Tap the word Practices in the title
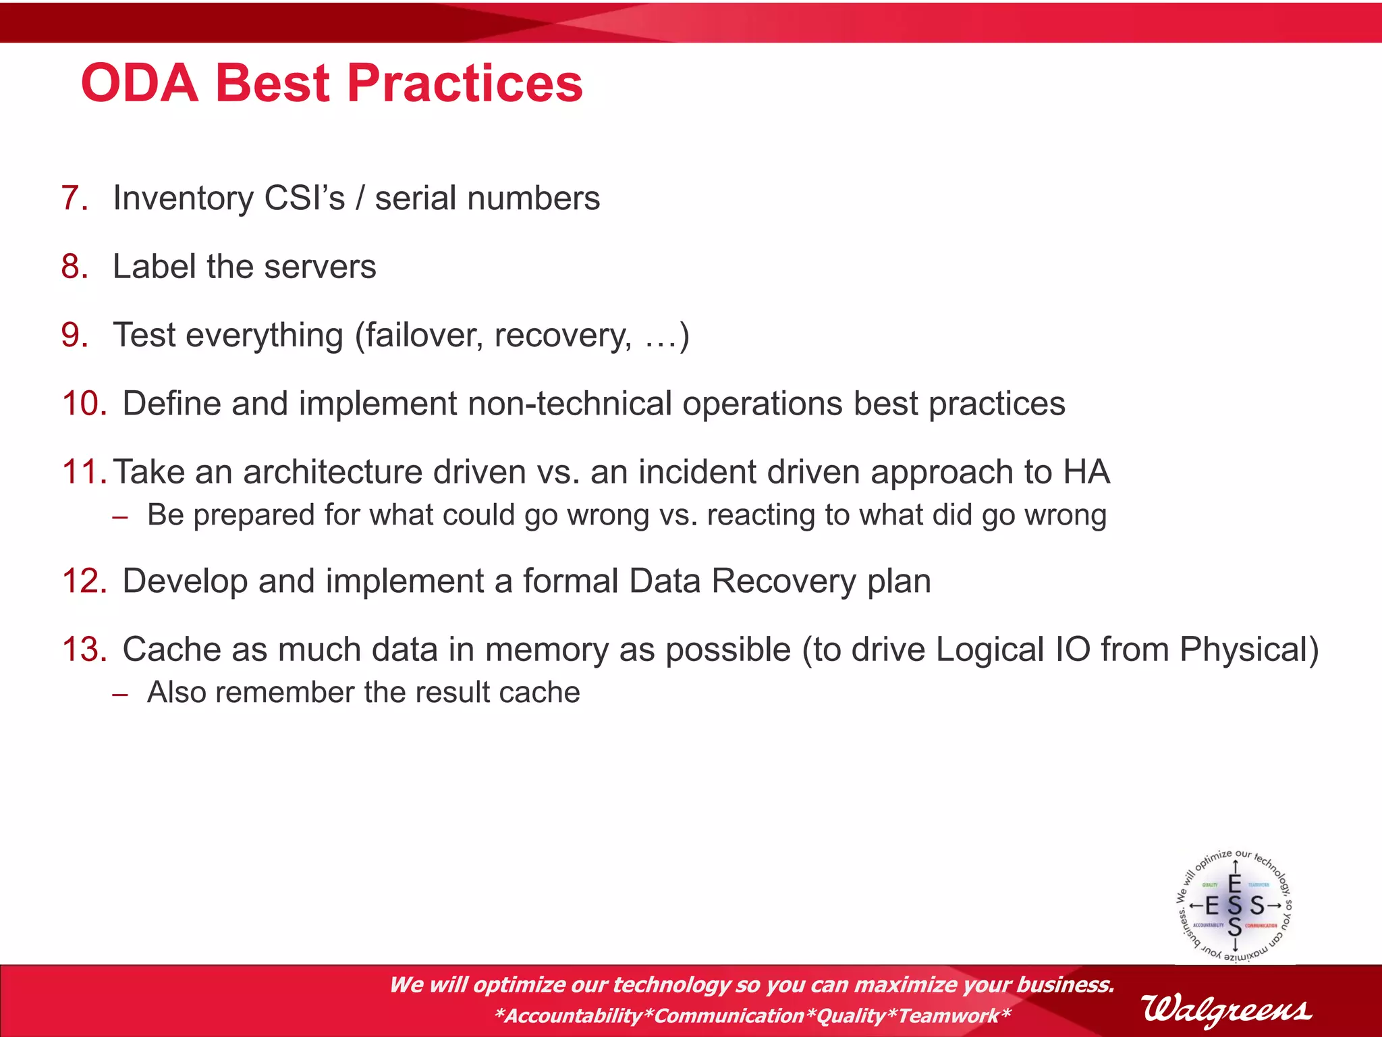click(465, 84)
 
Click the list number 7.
click(74, 198)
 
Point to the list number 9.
click(74, 336)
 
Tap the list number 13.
click(84, 649)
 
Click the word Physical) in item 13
click(1249, 649)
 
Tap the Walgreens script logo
click(1226, 1009)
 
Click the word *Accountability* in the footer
click(574, 1015)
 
